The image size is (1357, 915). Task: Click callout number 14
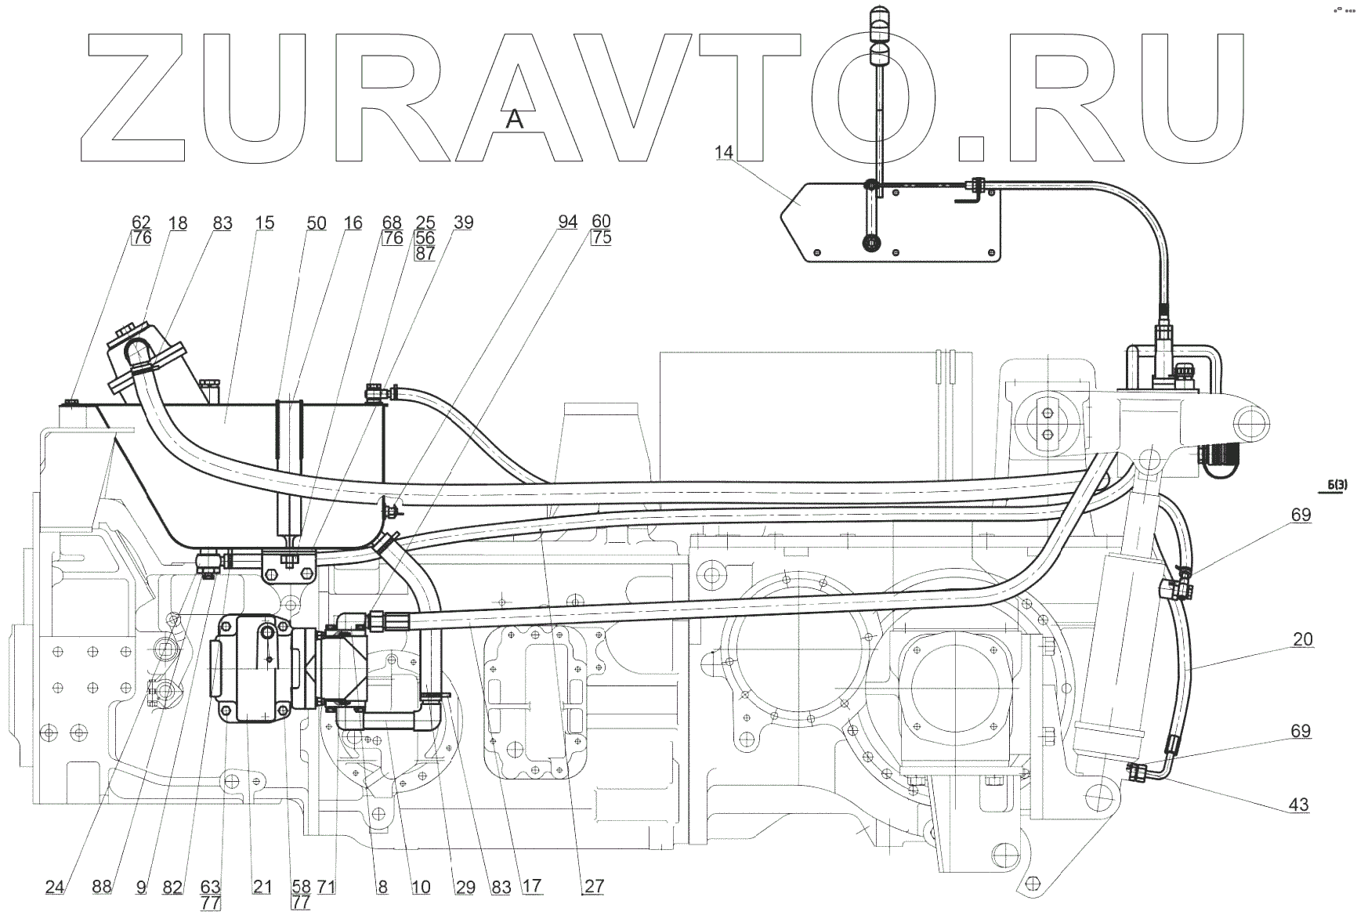tap(723, 152)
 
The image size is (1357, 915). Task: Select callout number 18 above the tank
tap(178, 223)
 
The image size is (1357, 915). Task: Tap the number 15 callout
tap(265, 223)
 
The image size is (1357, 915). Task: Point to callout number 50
tap(316, 223)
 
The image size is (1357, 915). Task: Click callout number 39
tap(463, 222)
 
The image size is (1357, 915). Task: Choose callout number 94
tap(567, 222)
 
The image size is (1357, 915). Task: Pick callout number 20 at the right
tap(1302, 640)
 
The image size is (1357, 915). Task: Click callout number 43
tap(1299, 805)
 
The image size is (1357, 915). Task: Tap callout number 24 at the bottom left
tap(54, 887)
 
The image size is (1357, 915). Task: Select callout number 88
tap(102, 887)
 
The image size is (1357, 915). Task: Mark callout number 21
tap(262, 887)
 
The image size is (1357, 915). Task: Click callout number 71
tap(327, 887)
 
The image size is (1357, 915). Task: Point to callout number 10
tap(421, 887)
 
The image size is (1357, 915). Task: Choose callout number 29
tap(465, 887)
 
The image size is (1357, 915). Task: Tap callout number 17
tap(532, 887)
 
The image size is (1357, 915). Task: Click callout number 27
tap(595, 887)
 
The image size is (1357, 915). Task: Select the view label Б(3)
tap(1337, 486)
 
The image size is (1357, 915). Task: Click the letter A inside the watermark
tap(514, 119)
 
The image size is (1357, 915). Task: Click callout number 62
tap(141, 222)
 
